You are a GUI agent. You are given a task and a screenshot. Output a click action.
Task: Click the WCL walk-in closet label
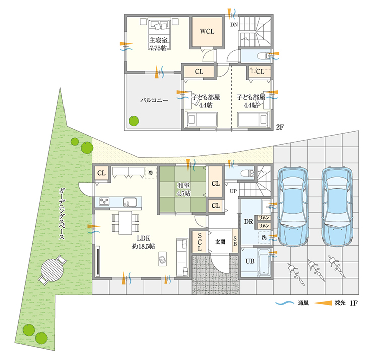[x=207, y=32]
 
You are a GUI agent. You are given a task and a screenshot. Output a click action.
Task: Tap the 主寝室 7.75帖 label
[x=158, y=44]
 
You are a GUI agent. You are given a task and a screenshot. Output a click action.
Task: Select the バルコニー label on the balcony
[x=154, y=100]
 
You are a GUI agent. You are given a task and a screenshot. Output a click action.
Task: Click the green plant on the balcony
[x=134, y=121]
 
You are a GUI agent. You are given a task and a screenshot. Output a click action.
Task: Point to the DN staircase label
[x=234, y=24]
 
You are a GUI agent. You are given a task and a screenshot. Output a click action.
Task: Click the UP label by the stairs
[x=233, y=191]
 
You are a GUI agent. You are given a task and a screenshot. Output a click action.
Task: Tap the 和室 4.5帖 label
[x=183, y=189]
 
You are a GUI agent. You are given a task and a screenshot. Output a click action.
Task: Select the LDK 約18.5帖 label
[x=144, y=242]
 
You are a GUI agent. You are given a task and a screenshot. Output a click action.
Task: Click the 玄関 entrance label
[x=220, y=242]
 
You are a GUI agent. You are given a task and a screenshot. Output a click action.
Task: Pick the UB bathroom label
[x=250, y=261]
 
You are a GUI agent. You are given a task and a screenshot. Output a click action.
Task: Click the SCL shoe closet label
[x=200, y=242]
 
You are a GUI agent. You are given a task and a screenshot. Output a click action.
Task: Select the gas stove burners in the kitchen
[x=104, y=201]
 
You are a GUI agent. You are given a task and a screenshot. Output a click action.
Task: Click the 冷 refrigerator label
[x=151, y=172]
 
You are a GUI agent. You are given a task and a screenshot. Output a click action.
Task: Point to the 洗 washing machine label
[x=264, y=237]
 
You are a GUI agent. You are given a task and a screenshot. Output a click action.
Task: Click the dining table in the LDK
[x=125, y=223]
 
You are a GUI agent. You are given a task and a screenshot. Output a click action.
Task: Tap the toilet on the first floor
[x=247, y=173]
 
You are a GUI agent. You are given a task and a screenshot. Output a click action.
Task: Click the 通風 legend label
[x=303, y=303]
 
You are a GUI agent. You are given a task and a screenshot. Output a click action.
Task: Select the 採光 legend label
[x=340, y=303]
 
